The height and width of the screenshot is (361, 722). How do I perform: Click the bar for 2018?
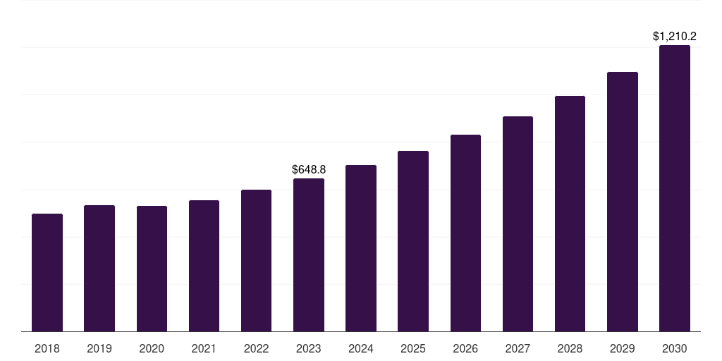[47, 272]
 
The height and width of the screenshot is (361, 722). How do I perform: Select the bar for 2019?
[99, 268]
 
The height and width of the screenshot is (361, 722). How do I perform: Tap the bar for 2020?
[152, 269]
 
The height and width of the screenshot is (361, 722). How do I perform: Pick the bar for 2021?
[204, 266]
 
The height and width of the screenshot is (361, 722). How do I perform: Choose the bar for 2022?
[256, 260]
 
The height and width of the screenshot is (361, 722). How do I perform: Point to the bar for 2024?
[361, 248]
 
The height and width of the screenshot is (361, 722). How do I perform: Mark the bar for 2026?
[465, 233]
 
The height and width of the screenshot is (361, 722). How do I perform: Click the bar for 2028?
[570, 214]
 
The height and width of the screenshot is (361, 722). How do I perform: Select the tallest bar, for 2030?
[675, 188]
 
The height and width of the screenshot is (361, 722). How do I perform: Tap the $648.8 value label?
[309, 169]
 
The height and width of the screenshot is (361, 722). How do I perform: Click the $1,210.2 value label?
[675, 36]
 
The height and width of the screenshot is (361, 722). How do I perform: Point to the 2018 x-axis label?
[47, 348]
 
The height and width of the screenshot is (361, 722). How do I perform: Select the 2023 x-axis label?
[309, 348]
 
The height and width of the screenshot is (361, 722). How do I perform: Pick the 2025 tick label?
[413, 348]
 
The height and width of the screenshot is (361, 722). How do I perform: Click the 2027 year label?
[518, 348]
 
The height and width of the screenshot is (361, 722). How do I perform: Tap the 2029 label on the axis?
[622, 348]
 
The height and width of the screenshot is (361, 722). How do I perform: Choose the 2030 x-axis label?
[675, 348]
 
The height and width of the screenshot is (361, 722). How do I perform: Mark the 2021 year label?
[204, 348]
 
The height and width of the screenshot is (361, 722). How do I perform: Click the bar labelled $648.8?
[309, 255]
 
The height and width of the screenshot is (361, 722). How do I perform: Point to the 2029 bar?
[622, 202]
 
